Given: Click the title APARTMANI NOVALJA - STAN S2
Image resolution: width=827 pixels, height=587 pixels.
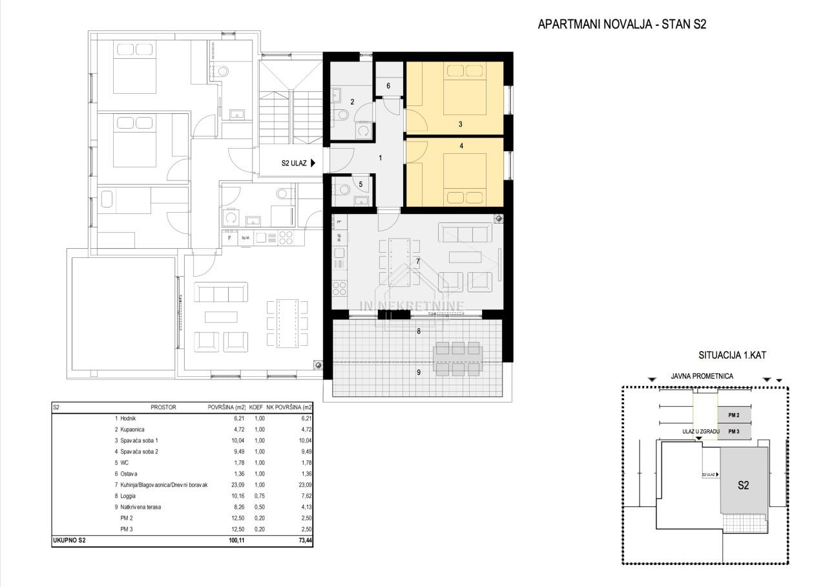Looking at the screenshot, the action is click(622, 25).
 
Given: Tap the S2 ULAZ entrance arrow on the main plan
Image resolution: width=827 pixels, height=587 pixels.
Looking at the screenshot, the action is click(313, 163).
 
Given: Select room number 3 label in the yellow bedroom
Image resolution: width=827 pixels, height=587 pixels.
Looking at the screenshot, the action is click(461, 124).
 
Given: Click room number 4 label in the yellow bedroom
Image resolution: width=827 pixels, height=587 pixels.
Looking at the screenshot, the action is click(461, 146).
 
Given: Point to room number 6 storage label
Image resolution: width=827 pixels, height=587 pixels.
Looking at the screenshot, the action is click(388, 86).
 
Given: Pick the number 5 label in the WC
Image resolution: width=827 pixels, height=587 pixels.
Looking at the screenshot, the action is click(361, 184).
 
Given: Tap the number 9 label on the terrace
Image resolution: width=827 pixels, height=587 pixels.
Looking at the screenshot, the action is click(419, 372).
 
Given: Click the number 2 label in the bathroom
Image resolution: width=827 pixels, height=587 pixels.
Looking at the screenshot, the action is click(352, 101).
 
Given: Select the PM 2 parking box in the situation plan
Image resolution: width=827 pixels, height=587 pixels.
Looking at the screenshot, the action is click(734, 415).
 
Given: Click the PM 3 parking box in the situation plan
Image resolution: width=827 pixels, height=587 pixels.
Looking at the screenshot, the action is click(734, 431).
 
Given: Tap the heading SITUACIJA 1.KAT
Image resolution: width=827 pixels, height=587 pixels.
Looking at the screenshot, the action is click(732, 356).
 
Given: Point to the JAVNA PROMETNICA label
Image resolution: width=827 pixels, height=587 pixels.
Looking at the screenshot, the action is click(702, 376).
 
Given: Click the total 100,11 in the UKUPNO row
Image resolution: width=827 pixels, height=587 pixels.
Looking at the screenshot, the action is click(236, 540).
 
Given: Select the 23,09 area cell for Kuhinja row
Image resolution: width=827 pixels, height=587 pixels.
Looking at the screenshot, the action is click(238, 485).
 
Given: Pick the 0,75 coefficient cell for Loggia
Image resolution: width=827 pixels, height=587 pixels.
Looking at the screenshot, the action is click(260, 496).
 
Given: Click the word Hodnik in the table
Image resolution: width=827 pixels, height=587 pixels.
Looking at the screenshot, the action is click(128, 418).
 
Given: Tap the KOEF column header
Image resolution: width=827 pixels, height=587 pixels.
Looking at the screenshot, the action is click(256, 407).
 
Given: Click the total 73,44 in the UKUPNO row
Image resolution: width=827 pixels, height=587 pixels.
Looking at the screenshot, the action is click(305, 540).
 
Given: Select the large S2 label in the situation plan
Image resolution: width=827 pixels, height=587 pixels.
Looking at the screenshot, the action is click(743, 485).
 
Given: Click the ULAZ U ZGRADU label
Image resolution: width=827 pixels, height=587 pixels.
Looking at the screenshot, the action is click(701, 431).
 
